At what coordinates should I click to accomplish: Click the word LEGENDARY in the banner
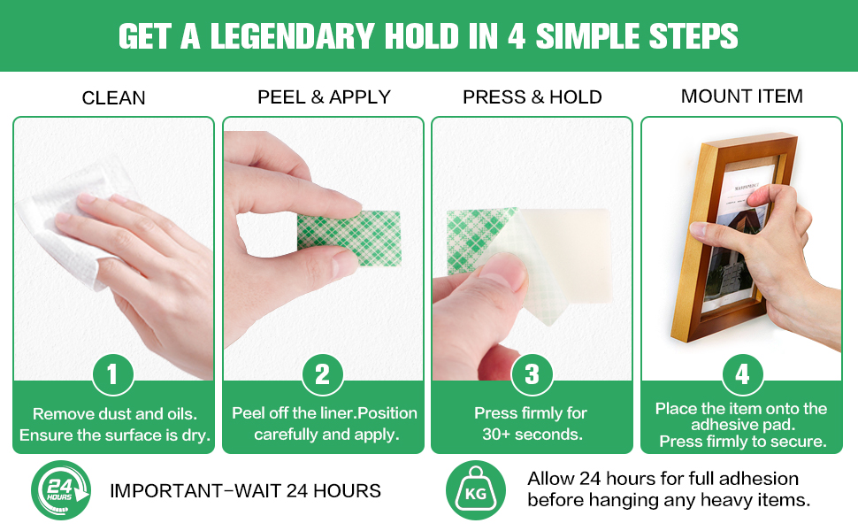point(292,36)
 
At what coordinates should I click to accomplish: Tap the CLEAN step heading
point(113,98)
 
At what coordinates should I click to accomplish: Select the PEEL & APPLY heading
point(324,96)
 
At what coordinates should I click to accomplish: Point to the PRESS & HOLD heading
point(532,96)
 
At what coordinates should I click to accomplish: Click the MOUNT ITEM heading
point(741,96)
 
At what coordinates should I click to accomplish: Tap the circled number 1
point(112,375)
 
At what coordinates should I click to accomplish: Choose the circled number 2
point(323,375)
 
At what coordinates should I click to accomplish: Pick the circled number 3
point(532,375)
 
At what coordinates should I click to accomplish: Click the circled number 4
point(742,375)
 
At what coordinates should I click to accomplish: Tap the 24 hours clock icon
point(61,490)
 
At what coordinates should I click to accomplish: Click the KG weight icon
point(476,490)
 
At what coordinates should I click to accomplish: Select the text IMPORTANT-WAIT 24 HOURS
point(245,491)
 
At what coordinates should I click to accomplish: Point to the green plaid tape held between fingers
point(349,239)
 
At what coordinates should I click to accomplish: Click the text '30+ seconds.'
point(532,435)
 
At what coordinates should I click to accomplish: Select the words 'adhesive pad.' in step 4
point(742,425)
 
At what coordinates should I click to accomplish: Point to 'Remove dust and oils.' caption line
point(115,414)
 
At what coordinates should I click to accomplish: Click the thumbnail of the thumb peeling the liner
point(532,249)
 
